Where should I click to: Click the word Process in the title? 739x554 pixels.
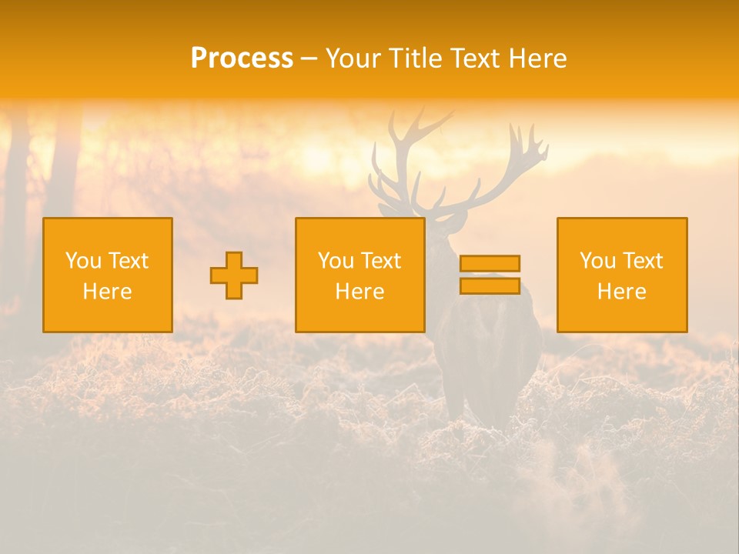[242, 58]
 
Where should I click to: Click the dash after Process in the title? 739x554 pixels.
[309, 59]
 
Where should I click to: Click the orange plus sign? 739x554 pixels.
[234, 275]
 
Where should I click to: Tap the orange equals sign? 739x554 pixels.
[490, 275]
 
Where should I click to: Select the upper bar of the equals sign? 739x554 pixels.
[490, 264]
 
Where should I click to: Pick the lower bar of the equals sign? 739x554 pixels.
[490, 286]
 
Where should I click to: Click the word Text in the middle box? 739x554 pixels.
[381, 261]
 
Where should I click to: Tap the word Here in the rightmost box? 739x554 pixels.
[621, 292]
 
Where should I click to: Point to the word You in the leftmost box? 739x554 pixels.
[83, 261]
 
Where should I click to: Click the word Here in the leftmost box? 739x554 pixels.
[108, 292]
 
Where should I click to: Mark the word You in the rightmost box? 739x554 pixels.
[597, 261]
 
